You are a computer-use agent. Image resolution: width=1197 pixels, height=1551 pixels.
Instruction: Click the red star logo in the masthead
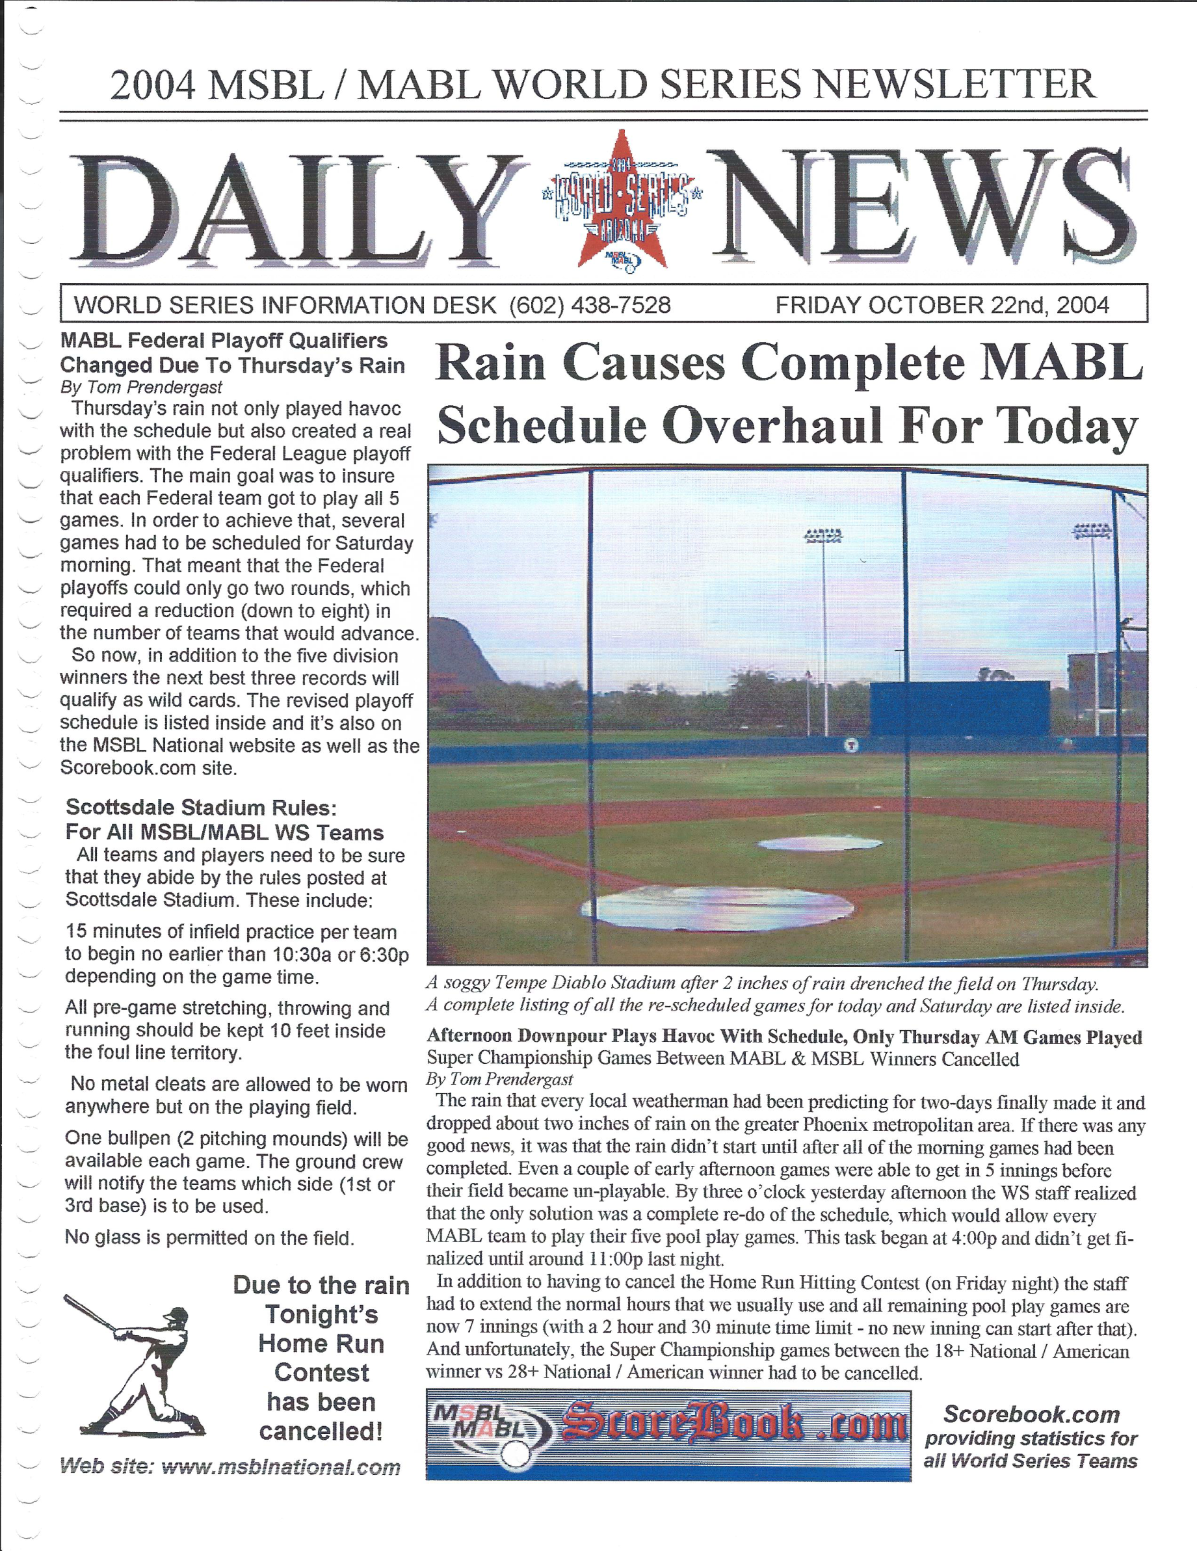(x=622, y=200)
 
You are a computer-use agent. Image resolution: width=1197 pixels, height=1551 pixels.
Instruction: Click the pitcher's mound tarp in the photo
(x=820, y=843)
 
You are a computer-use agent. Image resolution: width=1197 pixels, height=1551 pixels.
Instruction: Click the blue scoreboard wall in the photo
(x=959, y=709)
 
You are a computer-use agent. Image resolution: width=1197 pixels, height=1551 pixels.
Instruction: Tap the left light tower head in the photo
(x=823, y=535)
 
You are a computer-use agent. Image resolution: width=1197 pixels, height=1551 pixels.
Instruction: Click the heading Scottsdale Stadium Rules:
(x=201, y=808)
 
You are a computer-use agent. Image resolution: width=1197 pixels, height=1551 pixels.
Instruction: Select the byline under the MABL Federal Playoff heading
(x=141, y=387)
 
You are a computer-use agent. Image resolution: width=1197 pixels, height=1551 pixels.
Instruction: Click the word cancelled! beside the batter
(x=321, y=1431)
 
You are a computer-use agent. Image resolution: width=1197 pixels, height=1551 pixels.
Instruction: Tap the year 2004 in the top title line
(x=151, y=85)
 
